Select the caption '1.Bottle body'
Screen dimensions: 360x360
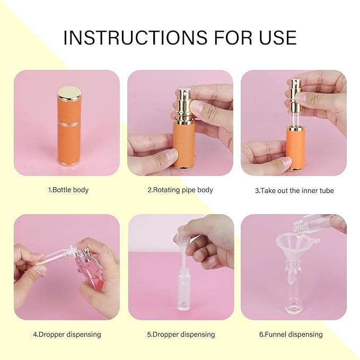(x=68, y=190)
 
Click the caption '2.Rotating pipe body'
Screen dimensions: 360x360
(x=180, y=190)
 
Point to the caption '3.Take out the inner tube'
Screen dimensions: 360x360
(x=295, y=190)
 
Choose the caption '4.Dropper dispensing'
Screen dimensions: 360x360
(x=67, y=335)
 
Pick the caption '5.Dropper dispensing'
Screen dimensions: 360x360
(x=181, y=335)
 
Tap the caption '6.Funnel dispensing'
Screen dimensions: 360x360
(x=291, y=335)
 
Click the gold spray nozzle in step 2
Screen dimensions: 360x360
(x=183, y=101)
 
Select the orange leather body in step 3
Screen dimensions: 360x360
(x=295, y=148)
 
